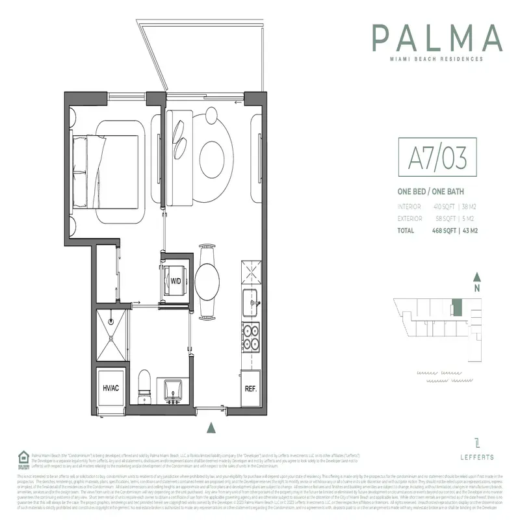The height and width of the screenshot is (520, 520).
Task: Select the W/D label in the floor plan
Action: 175,281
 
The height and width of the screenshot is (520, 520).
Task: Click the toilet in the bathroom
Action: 145,383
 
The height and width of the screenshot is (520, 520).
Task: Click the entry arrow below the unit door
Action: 210,427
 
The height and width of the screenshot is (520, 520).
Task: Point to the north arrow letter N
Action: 476,288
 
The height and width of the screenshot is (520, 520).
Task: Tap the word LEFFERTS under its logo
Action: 476,457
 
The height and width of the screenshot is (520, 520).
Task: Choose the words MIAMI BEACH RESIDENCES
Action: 437,58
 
